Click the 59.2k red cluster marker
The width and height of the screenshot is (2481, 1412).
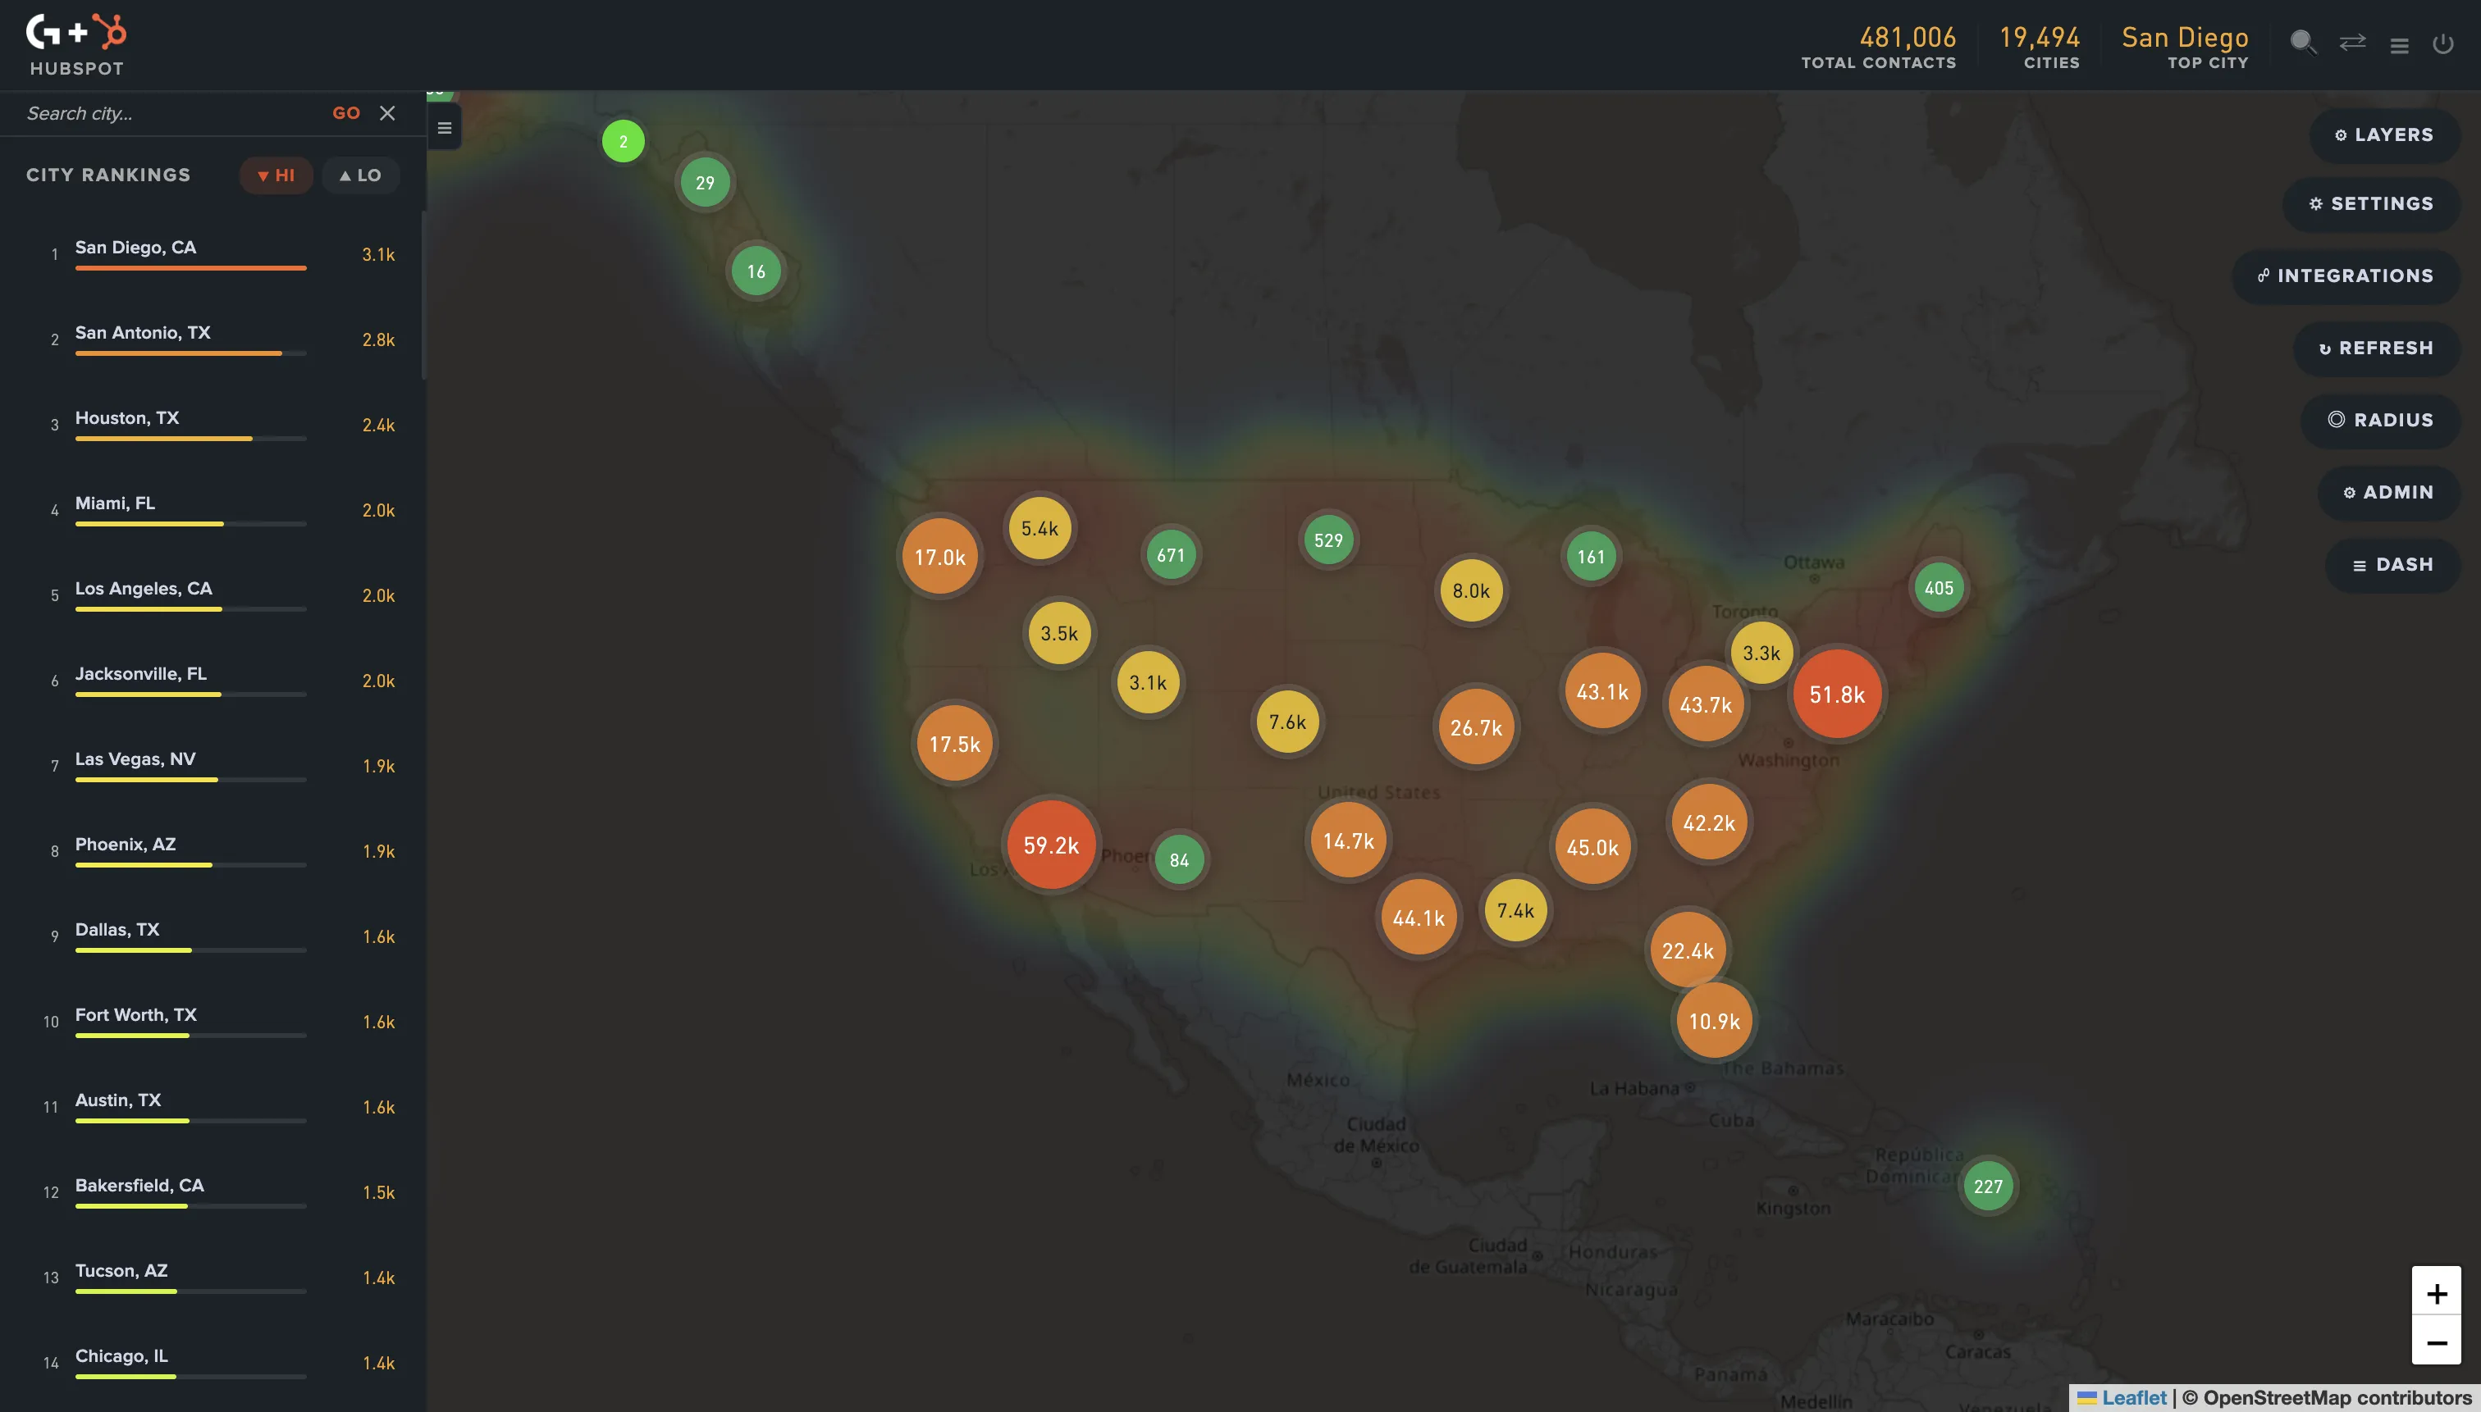pos(1051,845)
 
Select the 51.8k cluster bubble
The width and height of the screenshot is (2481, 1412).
pos(1837,695)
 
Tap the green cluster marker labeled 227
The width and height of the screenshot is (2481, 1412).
pos(1987,1185)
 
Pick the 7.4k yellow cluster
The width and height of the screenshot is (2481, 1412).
pos(1515,909)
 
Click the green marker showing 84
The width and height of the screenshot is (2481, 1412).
pos(1179,859)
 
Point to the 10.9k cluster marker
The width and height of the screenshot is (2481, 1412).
pos(1714,1020)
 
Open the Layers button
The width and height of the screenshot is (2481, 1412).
pos(2384,134)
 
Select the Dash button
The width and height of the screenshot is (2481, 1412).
pos(2392,564)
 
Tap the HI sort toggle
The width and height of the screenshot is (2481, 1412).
pos(276,175)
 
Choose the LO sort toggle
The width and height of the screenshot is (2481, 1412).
pos(360,175)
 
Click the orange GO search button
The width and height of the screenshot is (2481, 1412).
pos(345,113)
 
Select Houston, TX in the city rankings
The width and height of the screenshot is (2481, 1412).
pos(127,418)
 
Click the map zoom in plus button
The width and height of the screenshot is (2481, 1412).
pos(2435,1293)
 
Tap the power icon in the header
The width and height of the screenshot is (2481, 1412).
pos(2442,43)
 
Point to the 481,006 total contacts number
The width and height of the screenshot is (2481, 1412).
pos(1907,38)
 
